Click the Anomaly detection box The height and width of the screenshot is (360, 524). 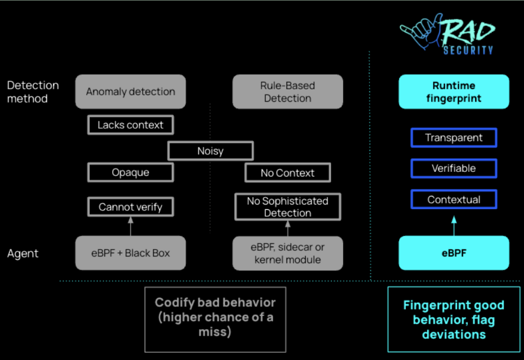(x=130, y=92)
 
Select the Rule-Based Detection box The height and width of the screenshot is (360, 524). (x=288, y=92)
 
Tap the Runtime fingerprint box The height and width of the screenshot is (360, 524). (x=454, y=92)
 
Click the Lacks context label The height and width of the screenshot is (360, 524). (x=130, y=125)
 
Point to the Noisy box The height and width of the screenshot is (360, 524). (x=210, y=151)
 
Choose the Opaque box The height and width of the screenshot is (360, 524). (x=130, y=172)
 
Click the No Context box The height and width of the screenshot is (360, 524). (x=288, y=173)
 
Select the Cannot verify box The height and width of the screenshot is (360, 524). (x=130, y=207)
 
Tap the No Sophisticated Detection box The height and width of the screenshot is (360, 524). (x=288, y=207)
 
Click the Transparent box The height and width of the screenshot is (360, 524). (x=454, y=137)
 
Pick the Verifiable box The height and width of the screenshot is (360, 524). (x=454, y=168)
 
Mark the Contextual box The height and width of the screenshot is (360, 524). (x=454, y=200)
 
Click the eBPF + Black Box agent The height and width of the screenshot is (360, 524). (x=130, y=253)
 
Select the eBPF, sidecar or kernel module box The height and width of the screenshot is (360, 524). (x=288, y=253)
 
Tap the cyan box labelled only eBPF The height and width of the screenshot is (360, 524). (x=454, y=253)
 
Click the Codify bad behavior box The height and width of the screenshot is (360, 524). (x=215, y=320)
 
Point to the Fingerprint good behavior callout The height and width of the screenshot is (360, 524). (x=454, y=320)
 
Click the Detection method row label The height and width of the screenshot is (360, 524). (x=33, y=92)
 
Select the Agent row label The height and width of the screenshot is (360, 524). (x=23, y=253)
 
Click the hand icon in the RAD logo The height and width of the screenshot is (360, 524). (x=420, y=32)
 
